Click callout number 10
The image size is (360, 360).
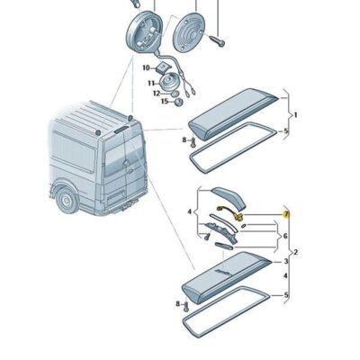(146, 68)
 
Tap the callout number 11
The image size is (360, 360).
(151, 84)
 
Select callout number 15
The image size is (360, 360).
(165, 101)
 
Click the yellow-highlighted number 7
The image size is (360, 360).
(286, 214)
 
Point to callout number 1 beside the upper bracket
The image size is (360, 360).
(295, 115)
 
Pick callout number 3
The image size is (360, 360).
(286, 262)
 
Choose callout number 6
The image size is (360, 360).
(285, 237)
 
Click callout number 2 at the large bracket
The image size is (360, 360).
(296, 252)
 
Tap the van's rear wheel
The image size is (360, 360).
(67, 200)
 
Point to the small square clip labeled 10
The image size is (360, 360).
(164, 67)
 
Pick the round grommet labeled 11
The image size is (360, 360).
(168, 81)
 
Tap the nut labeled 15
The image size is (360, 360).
(178, 103)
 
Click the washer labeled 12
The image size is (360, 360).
(174, 94)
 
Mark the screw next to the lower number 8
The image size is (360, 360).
(185, 306)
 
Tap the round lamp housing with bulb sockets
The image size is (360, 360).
(144, 33)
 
